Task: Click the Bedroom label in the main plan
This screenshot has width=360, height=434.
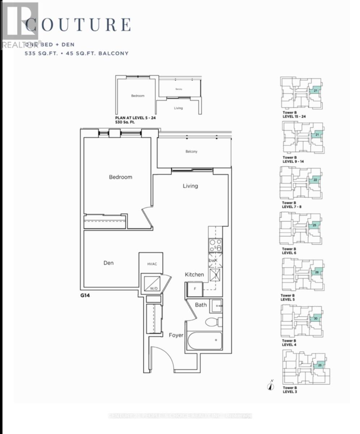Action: [x=121, y=177]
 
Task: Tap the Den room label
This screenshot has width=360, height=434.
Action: [x=108, y=263]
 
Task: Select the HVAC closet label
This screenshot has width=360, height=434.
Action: [x=152, y=264]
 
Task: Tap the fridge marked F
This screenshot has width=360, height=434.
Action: [x=194, y=289]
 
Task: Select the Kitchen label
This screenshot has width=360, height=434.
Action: [x=194, y=275]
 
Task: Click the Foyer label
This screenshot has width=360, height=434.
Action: [x=176, y=335]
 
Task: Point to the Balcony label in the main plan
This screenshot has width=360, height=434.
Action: [x=192, y=152]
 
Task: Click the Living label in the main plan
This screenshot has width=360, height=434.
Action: [x=190, y=186]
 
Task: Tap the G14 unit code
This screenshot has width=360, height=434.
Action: [x=85, y=295]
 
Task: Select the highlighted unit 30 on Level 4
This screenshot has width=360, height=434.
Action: [x=315, y=319]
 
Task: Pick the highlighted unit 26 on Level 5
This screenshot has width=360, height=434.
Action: [x=316, y=272]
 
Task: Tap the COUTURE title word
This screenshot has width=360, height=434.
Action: [x=78, y=25]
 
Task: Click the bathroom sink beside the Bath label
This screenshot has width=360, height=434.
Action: [x=216, y=306]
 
